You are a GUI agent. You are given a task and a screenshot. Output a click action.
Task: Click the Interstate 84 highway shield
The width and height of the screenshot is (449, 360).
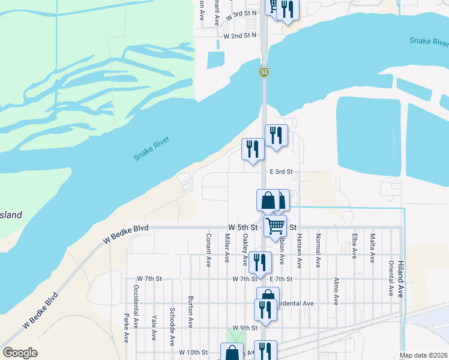(x=264, y=72)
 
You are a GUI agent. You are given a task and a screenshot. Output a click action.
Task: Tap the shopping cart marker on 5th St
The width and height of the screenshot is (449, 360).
(x=275, y=226)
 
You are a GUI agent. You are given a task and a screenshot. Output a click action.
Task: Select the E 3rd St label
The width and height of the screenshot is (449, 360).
(x=281, y=172)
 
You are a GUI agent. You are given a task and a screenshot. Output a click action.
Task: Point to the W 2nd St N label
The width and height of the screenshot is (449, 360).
(x=240, y=36)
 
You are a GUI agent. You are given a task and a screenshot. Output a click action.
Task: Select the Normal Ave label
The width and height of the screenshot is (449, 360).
(x=318, y=250)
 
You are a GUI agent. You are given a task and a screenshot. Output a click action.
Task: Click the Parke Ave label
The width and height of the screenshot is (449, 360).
(x=127, y=328)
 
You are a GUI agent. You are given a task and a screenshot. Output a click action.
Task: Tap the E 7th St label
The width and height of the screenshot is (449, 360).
(x=280, y=279)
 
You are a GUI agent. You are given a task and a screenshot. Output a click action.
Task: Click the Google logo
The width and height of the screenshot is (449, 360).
(x=20, y=353)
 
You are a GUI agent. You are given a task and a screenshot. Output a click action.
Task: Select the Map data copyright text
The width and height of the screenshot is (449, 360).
(x=423, y=355)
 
